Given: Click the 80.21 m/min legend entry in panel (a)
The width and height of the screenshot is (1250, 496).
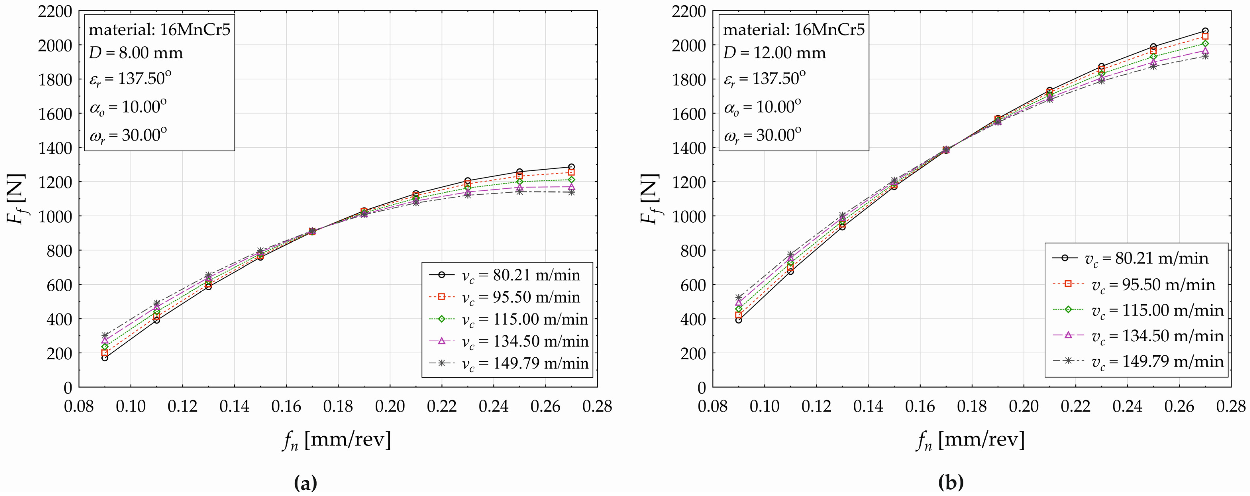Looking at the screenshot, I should pyautogui.click(x=507, y=275).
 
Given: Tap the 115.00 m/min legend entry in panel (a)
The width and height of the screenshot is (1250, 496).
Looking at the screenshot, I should pyautogui.click(x=507, y=319).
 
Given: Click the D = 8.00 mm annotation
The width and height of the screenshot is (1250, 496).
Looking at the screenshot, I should pyautogui.click(x=136, y=52).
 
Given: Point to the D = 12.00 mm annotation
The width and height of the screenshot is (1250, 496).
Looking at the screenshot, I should pyautogui.click(x=774, y=52).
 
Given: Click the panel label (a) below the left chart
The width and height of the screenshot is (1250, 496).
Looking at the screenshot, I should pyautogui.click(x=306, y=483).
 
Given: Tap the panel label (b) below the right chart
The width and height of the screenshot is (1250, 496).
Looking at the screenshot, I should pyautogui.click(x=951, y=483).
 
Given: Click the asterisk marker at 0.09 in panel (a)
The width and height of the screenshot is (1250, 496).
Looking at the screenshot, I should pyautogui.click(x=105, y=335).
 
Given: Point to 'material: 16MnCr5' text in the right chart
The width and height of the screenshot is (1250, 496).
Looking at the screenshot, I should pyautogui.click(x=794, y=30).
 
